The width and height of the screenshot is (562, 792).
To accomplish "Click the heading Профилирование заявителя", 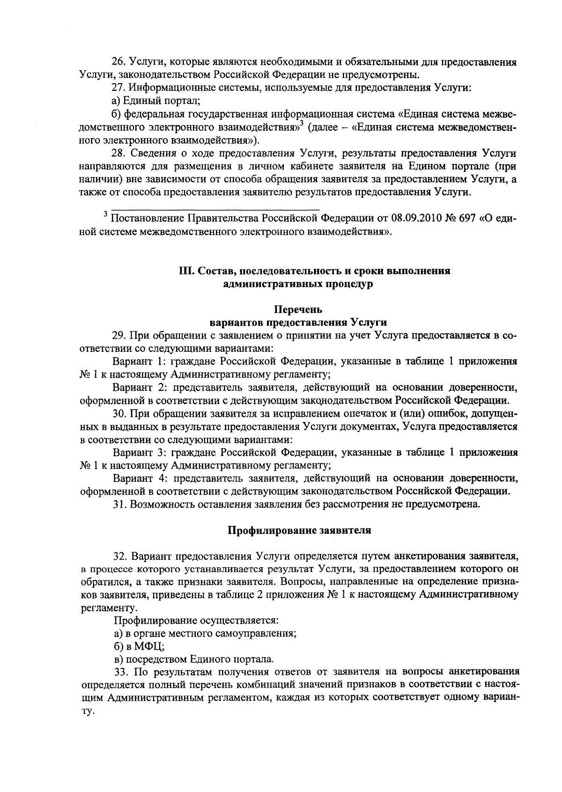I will pyautogui.click(x=299, y=531).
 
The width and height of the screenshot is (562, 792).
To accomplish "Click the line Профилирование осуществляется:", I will pyautogui.click(x=196, y=621).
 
